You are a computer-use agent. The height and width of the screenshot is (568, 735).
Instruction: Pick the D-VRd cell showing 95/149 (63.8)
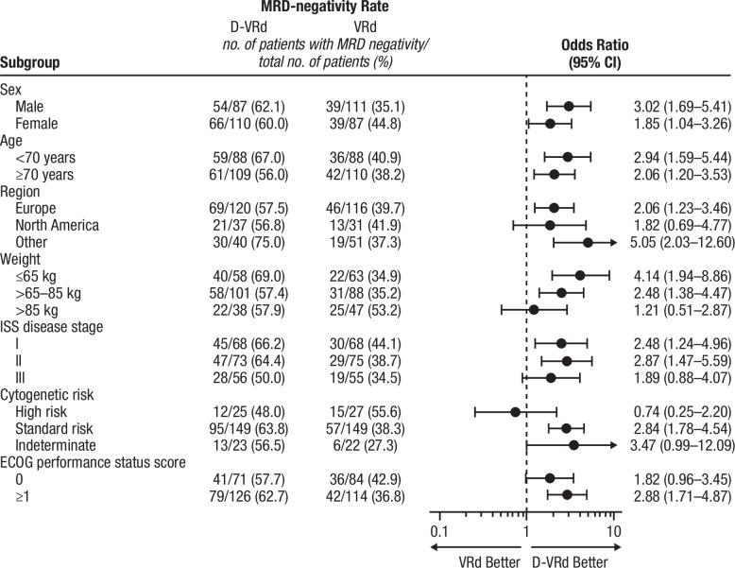coord(248,403)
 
